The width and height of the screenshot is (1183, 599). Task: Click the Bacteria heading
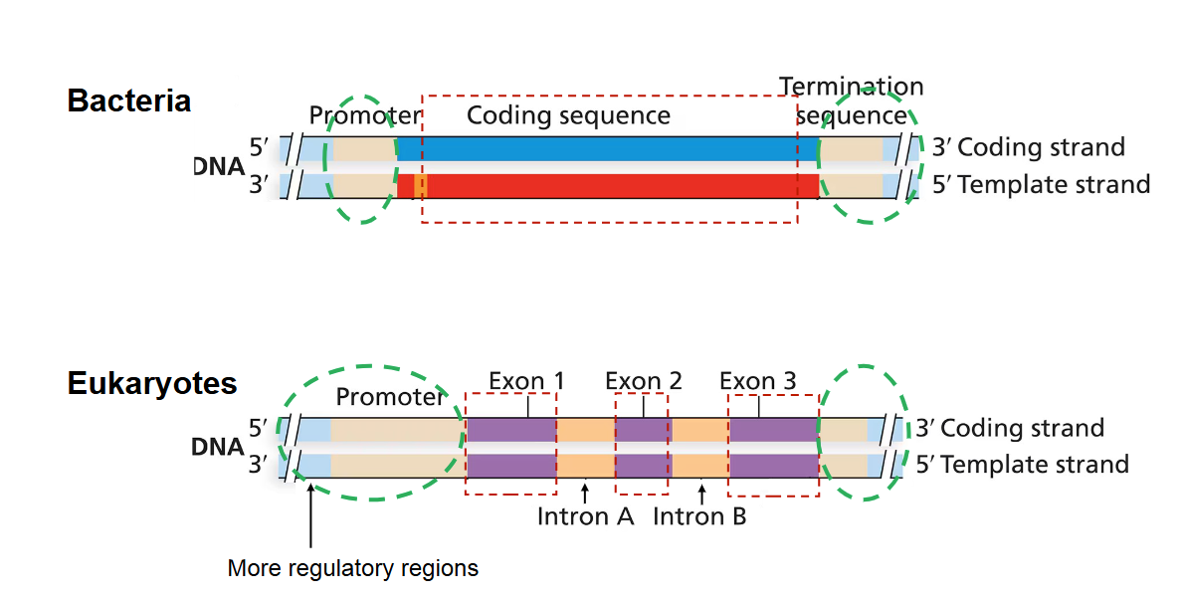tap(128, 100)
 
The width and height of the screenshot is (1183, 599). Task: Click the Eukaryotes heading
tap(152, 383)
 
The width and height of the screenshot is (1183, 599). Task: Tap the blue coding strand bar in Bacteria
tap(607, 148)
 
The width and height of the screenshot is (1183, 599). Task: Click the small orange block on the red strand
tap(421, 185)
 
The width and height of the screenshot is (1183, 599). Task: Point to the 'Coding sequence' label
tap(568, 115)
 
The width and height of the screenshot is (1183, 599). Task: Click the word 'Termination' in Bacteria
tap(851, 87)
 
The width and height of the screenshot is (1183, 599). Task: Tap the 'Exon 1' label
tap(526, 381)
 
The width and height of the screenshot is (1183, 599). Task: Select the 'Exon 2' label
tap(643, 381)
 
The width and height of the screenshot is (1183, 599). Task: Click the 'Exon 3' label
tap(757, 381)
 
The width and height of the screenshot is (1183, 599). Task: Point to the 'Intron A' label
tap(585, 516)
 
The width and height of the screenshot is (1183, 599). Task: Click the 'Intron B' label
tap(699, 516)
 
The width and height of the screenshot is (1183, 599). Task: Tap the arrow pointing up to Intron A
tap(585, 491)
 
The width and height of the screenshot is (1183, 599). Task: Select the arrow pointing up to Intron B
tap(701, 491)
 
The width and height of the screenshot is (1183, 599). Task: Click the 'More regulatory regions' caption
tap(352, 569)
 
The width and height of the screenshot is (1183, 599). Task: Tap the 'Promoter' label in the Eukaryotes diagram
tap(389, 397)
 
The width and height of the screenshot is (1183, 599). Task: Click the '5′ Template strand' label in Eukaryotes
tap(1022, 464)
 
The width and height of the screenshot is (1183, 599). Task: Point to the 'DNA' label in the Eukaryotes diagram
tap(218, 448)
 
